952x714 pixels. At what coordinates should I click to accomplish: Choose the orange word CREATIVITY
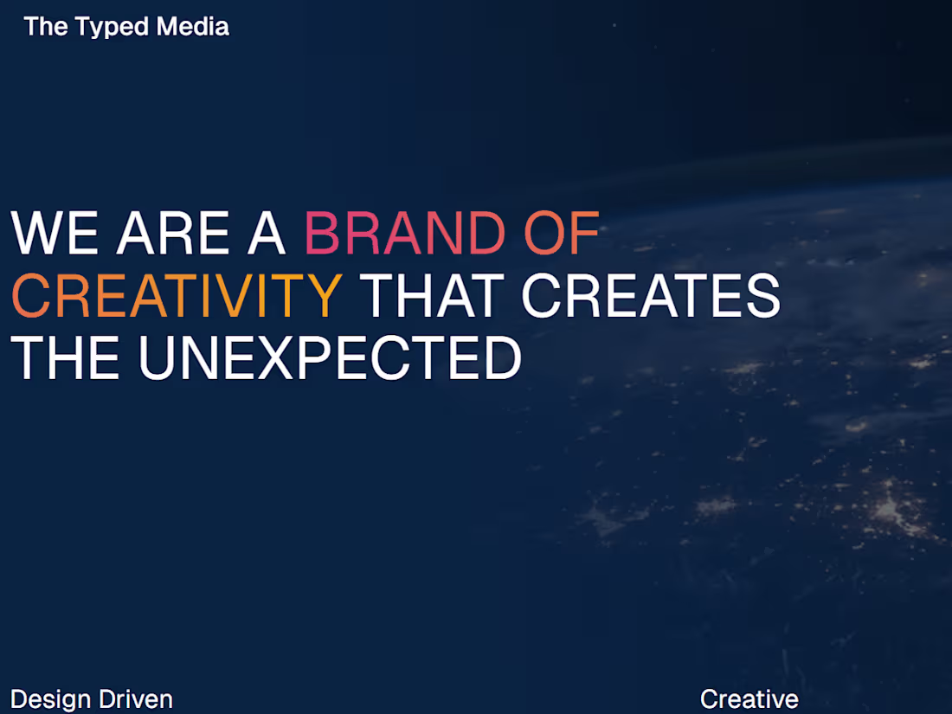pyautogui.click(x=177, y=295)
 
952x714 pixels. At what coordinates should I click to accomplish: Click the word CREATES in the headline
pyautogui.click(x=651, y=295)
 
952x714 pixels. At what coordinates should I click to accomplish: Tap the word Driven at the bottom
pyautogui.click(x=136, y=699)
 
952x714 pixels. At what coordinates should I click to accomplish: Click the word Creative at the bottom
pyautogui.click(x=749, y=699)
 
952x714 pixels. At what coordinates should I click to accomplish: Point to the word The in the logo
pyautogui.click(x=46, y=27)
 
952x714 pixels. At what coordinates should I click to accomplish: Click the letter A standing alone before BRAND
pyautogui.click(x=267, y=234)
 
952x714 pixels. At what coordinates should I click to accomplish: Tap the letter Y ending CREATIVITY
pyautogui.click(x=323, y=295)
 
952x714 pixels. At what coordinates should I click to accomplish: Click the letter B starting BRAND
pyautogui.click(x=322, y=234)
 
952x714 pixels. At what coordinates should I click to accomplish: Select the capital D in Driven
pyautogui.click(x=106, y=699)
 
